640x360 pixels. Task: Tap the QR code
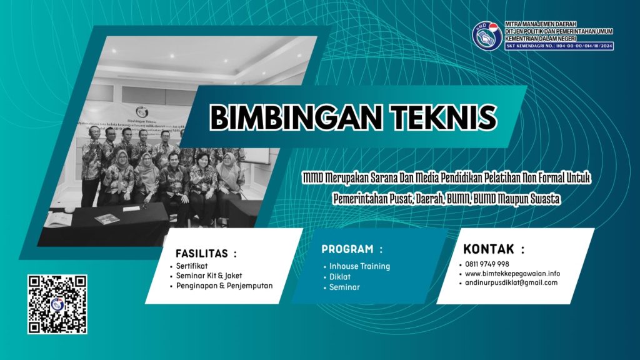tap(57, 304)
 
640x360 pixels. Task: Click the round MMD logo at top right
tap(487, 36)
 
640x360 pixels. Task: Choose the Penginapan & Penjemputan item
tap(224, 286)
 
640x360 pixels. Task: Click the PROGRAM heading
tap(352, 249)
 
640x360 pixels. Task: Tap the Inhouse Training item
tap(360, 266)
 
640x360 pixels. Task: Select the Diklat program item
tap(340, 277)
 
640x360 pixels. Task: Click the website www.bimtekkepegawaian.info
tap(512, 273)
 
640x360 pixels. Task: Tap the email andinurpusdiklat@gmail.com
tap(511, 282)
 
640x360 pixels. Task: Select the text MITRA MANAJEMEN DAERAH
tap(541, 23)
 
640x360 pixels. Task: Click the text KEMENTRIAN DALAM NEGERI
tap(541, 38)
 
